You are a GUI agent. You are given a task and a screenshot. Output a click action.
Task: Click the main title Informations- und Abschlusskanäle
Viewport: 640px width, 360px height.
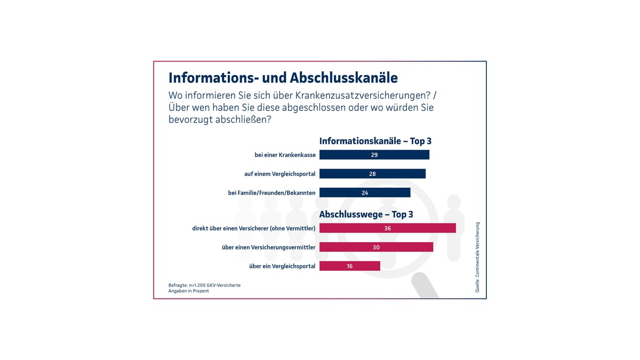[x=283, y=78]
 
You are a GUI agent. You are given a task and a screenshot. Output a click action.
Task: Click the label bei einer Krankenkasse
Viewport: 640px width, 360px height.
[x=285, y=155]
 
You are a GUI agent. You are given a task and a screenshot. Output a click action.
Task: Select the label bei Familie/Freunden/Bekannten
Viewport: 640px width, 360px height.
[x=271, y=193]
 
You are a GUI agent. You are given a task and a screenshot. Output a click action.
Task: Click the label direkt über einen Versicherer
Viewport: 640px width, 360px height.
[x=254, y=228]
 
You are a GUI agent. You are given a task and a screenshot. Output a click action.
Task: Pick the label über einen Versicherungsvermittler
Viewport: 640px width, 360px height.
[x=268, y=247]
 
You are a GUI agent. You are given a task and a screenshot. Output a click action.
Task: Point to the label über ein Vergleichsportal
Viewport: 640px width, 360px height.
[x=282, y=266]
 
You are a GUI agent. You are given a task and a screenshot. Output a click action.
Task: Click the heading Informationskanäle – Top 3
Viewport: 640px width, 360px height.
[x=375, y=141]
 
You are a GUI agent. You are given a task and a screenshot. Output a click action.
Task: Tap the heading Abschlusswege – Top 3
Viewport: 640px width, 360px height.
[x=366, y=215]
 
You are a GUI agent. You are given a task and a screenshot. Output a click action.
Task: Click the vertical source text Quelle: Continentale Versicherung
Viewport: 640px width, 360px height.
[x=477, y=257]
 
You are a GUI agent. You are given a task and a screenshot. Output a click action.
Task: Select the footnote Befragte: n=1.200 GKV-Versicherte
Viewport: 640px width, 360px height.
[x=204, y=285]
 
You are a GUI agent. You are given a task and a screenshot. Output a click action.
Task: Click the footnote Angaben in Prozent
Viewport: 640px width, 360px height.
[x=189, y=291]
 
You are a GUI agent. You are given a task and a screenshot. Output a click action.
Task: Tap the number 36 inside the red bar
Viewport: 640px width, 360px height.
[x=388, y=228]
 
